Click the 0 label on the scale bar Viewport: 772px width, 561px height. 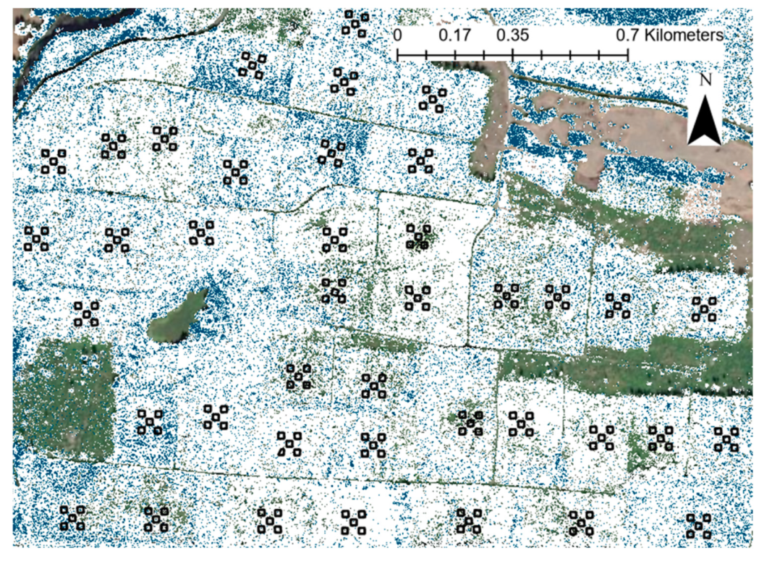399,35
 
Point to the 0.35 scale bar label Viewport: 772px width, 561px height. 513,35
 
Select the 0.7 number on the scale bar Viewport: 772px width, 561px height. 627,35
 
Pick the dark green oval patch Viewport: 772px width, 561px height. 178,315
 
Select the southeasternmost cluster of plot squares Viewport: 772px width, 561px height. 699,526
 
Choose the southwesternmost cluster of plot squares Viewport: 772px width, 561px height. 72,518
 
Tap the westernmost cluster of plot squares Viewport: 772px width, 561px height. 36,239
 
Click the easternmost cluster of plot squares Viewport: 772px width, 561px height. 726,439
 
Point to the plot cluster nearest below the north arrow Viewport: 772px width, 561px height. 703,309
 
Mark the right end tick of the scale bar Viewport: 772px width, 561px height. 628,54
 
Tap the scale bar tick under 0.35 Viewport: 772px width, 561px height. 513,54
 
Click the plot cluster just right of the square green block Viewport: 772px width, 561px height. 150,422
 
